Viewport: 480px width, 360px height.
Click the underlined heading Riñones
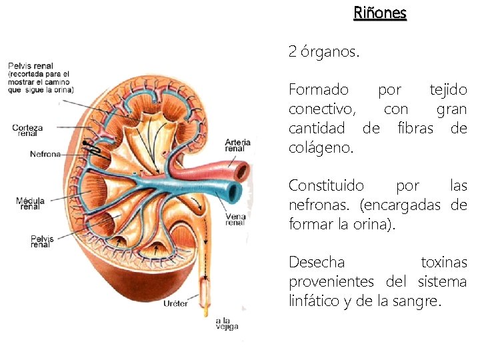pyautogui.click(x=380, y=13)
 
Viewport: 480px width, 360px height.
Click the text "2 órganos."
pyautogui.click(x=323, y=51)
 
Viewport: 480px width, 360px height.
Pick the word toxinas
pyautogui.click(x=443, y=263)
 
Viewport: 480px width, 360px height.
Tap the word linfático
pyautogui.click(x=315, y=301)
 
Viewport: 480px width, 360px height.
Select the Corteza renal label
pyautogui.click(x=27, y=130)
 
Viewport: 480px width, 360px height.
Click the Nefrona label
pyautogui.click(x=45, y=154)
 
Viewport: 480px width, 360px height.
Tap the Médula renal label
pyautogui.click(x=30, y=203)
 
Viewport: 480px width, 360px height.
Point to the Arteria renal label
pyautogui.click(x=238, y=145)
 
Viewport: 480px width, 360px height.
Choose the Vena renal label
pyautogui.click(x=235, y=219)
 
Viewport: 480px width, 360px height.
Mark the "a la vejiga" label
pyautogui.click(x=226, y=323)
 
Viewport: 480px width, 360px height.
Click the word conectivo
pyautogui.click(x=322, y=109)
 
